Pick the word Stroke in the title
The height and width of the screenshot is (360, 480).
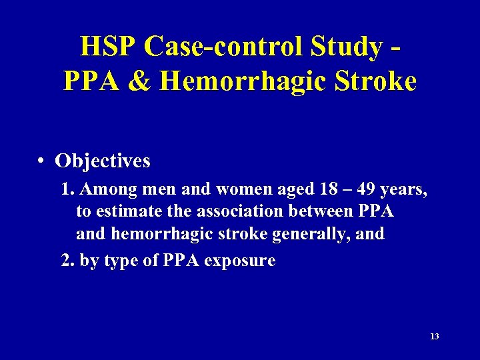pyautogui.click(x=377, y=81)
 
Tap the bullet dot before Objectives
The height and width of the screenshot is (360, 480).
pyautogui.click(x=41, y=161)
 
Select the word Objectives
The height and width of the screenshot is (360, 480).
pyautogui.click(x=103, y=161)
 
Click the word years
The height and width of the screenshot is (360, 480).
pyautogui.click(x=405, y=191)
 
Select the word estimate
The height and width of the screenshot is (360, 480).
pyautogui.click(x=126, y=212)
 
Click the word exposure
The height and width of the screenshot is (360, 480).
pyautogui.click(x=240, y=261)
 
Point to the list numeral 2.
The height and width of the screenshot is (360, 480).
pyautogui.click(x=67, y=260)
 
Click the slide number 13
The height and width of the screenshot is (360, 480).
pyautogui.click(x=435, y=337)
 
